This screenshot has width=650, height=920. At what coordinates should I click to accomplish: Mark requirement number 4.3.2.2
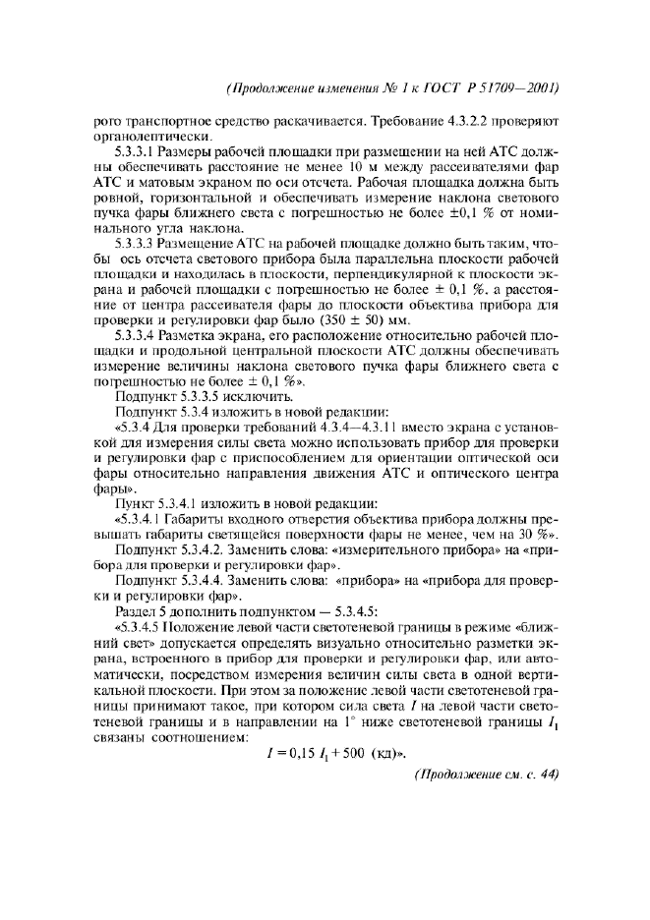pos(470,120)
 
